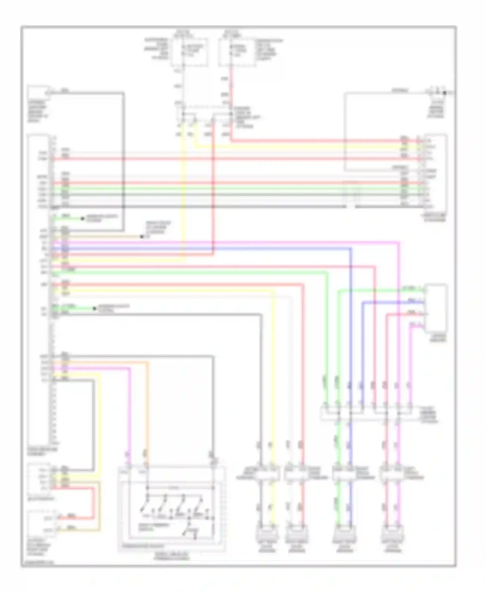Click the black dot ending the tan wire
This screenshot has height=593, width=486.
point(142,237)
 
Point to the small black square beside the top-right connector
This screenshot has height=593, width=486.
point(445,93)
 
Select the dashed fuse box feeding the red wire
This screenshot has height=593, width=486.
point(236,52)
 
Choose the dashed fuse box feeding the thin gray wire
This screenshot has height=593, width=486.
point(190,52)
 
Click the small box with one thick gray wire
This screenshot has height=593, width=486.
point(38,92)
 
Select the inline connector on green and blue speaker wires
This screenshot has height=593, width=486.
point(344,476)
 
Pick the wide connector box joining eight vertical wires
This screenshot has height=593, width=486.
point(366,413)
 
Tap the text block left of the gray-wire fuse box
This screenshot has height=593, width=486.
point(157,49)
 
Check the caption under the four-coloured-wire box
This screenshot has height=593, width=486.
point(438,338)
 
